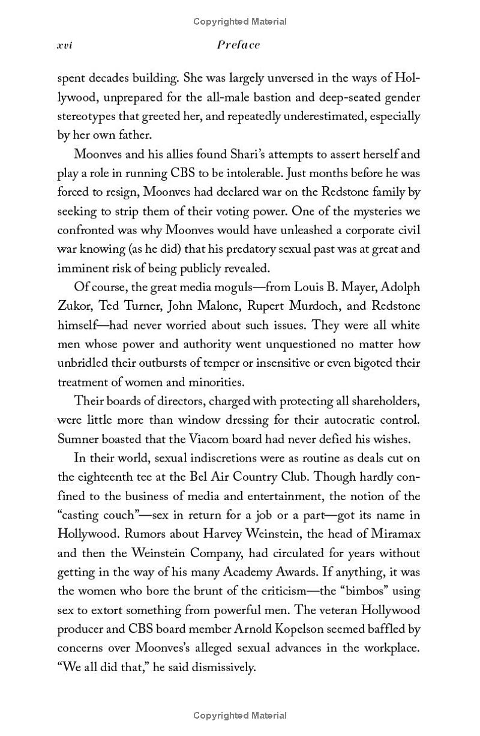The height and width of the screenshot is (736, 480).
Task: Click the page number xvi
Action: pyautogui.click(x=64, y=45)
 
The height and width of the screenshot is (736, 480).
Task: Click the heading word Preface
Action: pyautogui.click(x=239, y=45)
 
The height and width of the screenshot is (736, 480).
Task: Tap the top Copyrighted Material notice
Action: pyautogui.click(x=240, y=22)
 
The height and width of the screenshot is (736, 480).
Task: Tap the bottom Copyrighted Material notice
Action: pyautogui.click(x=240, y=716)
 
